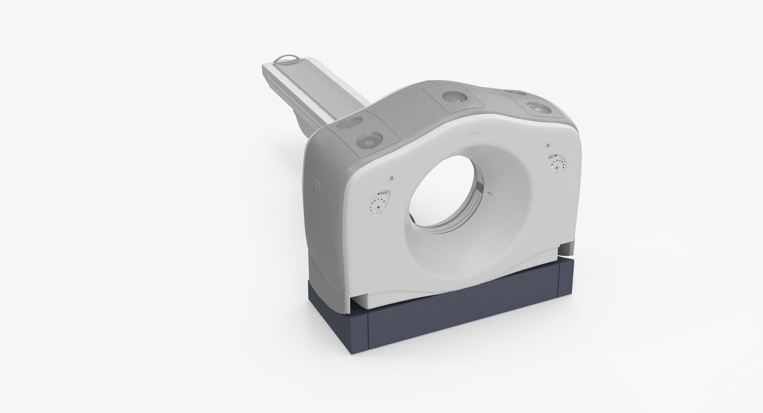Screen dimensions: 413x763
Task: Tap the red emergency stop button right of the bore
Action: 548,145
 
